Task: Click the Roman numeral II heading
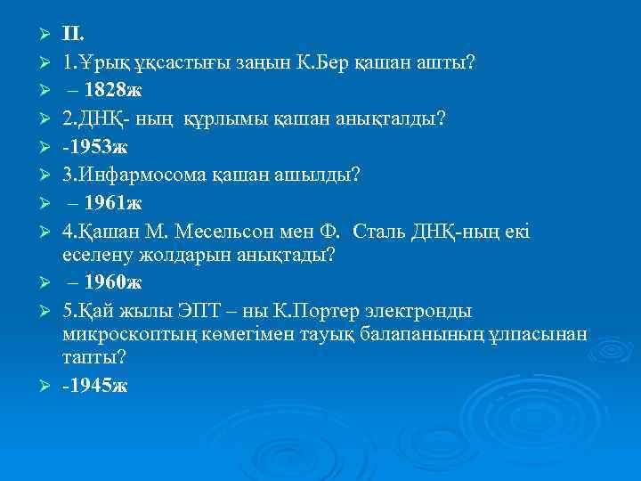click(73, 35)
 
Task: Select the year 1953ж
click(97, 146)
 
